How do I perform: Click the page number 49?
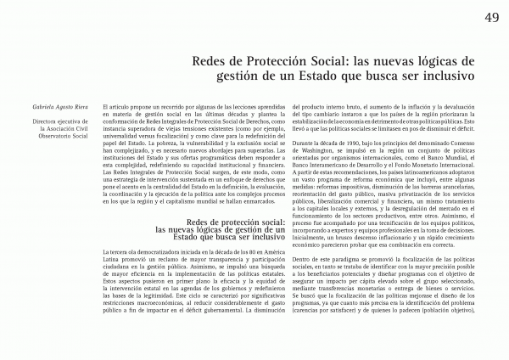491,18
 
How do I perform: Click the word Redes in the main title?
210,61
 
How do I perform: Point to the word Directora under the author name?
48,121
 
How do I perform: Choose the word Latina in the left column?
110,261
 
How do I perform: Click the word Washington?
295,144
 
